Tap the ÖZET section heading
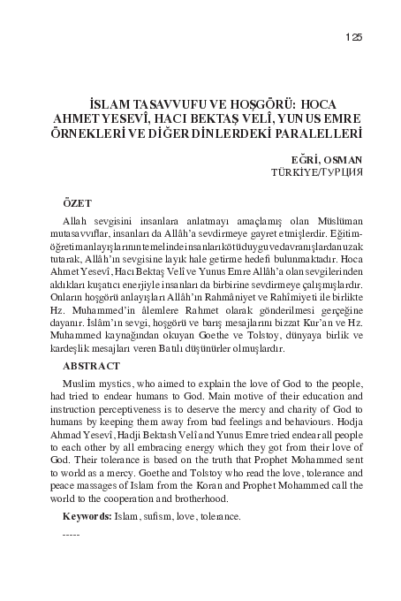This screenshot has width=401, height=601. [x=78, y=202]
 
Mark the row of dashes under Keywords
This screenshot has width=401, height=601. [x=72, y=536]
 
